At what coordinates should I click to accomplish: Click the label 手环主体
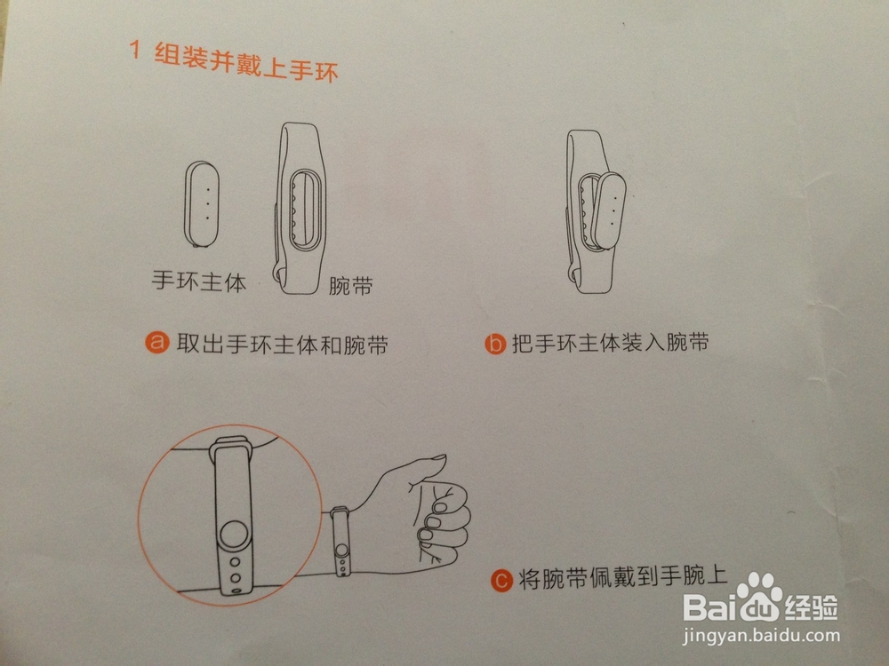[197, 284]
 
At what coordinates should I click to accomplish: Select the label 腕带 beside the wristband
[349, 286]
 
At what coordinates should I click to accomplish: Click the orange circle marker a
[158, 344]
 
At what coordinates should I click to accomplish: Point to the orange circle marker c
[501, 582]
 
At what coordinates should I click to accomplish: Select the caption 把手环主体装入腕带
[611, 344]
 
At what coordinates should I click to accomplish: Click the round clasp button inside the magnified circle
[234, 536]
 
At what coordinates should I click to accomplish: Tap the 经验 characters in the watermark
[812, 608]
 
